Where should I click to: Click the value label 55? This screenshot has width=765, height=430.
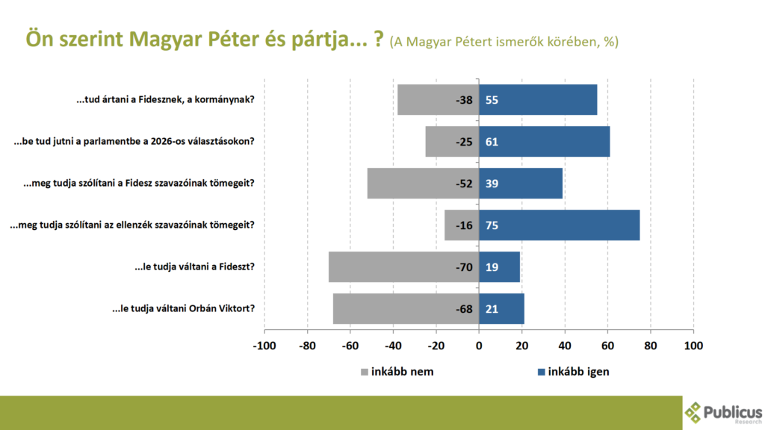492,99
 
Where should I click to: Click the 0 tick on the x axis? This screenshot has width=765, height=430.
479,346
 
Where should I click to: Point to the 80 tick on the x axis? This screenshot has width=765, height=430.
651,346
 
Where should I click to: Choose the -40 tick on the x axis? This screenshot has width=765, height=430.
393,346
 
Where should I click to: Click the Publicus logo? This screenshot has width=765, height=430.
723,412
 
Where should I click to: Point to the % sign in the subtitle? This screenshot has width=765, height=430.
612,42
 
